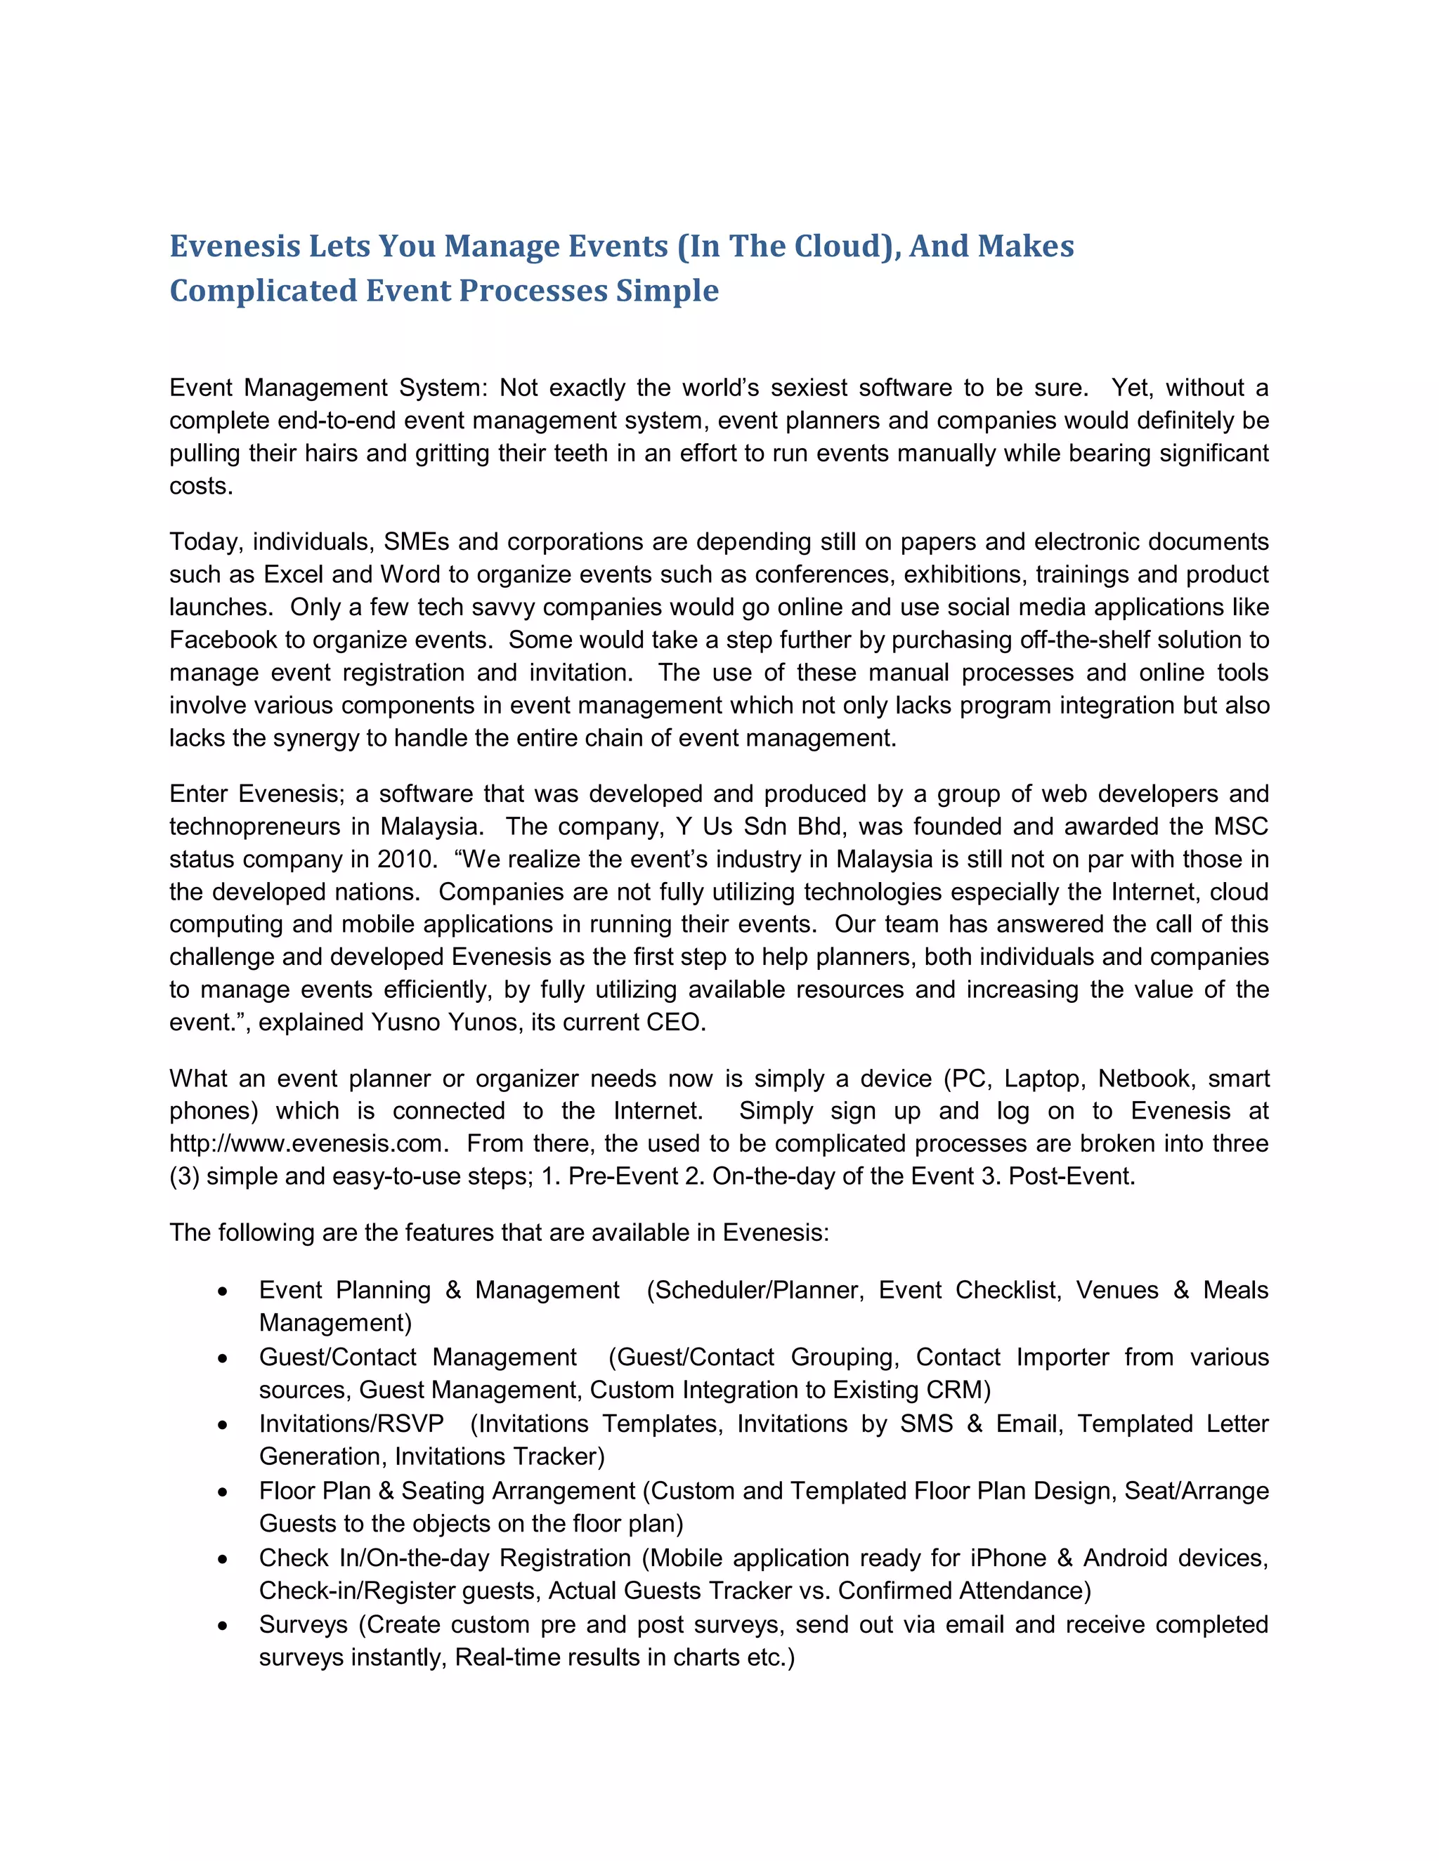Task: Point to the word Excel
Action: pyautogui.click(x=292, y=574)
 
